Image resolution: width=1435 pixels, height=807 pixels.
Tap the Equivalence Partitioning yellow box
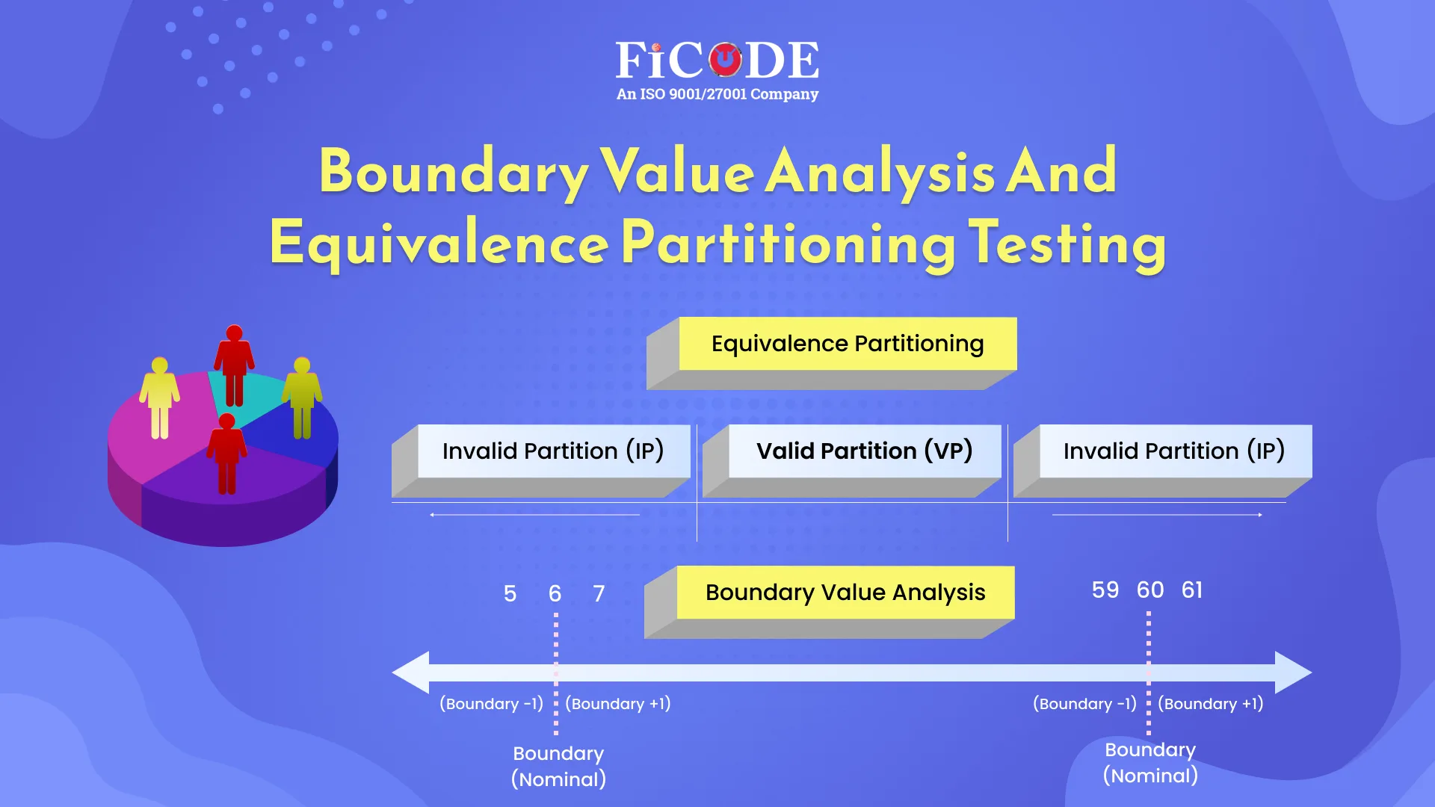pyautogui.click(x=847, y=344)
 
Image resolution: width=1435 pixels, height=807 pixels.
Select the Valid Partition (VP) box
pyautogui.click(x=864, y=451)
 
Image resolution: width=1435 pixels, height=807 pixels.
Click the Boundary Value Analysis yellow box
pyautogui.click(x=845, y=593)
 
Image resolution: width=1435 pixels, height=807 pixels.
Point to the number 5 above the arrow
pyautogui.click(x=510, y=594)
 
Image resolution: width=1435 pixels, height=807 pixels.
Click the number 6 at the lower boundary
pyautogui.click(x=555, y=594)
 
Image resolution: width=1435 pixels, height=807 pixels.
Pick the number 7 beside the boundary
pyautogui.click(x=599, y=594)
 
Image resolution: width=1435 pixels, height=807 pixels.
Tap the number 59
pyautogui.click(x=1105, y=590)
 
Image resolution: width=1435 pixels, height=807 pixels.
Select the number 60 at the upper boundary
pyautogui.click(x=1150, y=590)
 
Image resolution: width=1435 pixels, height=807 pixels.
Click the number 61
pyautogui.click(x=1192, y=590)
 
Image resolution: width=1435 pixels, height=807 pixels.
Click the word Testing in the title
pyautogui.click(x=1067, y=244)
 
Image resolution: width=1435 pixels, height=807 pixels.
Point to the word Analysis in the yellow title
pyautogui.click(x=880, y=172)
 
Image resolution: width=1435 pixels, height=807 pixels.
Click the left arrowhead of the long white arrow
pyautogui.click(x=411, y=672)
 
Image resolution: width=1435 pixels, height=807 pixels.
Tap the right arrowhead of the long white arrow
pyautogui.click(x=1293, y=672)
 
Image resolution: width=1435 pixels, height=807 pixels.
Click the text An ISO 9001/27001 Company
pyautogui.click(x=717, y=94)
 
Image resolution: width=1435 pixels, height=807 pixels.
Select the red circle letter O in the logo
pyautogui.click(x=724, y=60)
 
